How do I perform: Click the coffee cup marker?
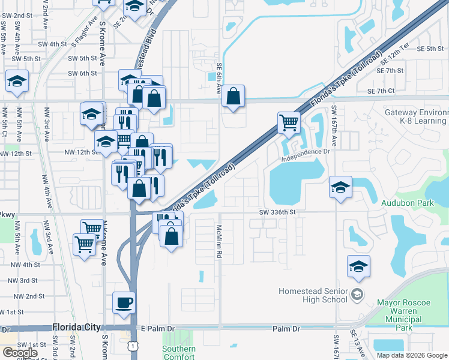point(124,302)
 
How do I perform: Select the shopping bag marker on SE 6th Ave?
point(234,95)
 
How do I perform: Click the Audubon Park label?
point(407,203)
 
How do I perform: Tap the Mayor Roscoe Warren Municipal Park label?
point(404,315)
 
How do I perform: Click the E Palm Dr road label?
point(157,329)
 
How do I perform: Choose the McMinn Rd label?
point(220,242)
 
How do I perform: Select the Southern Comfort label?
point(179,353)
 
